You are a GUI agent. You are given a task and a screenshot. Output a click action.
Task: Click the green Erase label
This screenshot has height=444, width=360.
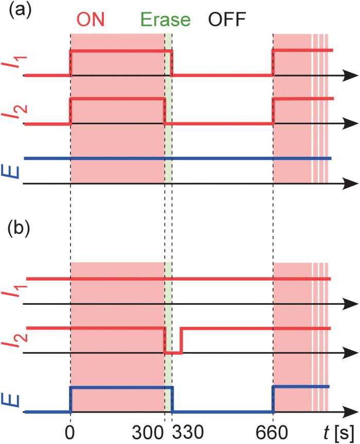tap(166, 20)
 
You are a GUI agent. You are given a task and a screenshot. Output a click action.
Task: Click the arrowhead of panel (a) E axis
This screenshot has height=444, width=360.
tap(351, 183)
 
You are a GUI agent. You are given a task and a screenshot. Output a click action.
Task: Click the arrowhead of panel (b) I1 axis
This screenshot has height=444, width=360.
tap(351, 304)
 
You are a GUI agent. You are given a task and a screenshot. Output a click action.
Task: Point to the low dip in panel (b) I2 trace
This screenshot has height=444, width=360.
tap(173, 353)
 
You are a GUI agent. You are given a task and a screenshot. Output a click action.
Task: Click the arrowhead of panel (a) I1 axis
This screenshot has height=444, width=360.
tap(351, 76)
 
